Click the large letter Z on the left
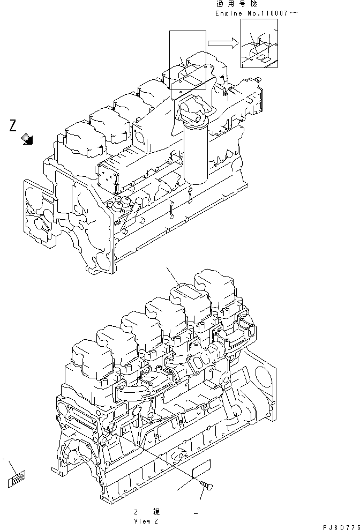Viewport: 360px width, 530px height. (x=14, y=126)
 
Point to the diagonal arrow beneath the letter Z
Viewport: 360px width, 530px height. (x=27, y=140)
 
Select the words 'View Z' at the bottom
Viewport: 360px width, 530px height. (x=146, y=520)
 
